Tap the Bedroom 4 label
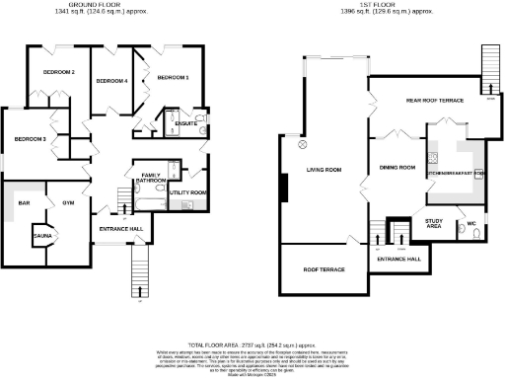(x=110, y=80)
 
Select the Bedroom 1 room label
(x=174, y=77)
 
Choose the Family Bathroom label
(x=150, y=178)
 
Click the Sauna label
(x=42, y=237)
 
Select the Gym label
(x=68, y=202)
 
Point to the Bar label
(x=22, y=202)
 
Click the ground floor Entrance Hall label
(x=121, y=229)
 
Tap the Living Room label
(x=323, y=169)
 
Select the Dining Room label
(x=396, y=169)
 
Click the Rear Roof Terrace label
(x=436, y=101)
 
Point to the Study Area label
(x=433, y=223)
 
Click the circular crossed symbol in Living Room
(x=304, y=143)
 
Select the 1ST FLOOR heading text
(x=384, y=5)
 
